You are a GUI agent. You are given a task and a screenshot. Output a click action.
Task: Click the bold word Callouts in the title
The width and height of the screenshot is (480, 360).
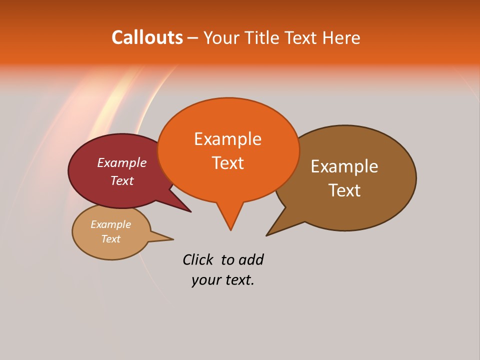point(147,37)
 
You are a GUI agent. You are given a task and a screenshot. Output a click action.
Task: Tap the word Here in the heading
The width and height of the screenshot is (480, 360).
point(341,37)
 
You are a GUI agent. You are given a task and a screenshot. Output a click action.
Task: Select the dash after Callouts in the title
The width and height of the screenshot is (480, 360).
point(193,38)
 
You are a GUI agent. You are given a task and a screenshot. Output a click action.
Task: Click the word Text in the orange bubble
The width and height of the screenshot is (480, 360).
point(227,163)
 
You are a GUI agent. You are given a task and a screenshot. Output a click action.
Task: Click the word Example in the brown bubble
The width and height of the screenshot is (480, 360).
point(344,166)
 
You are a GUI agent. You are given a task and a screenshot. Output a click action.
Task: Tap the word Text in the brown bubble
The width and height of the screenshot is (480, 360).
point(344,190)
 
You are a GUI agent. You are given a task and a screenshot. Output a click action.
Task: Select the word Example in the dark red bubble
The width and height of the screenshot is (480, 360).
point(121,162)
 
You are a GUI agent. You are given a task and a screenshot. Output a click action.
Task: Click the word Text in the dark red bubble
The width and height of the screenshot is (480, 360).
point(121,180)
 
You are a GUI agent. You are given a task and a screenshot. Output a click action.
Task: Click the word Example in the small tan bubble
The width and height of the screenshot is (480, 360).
point(110,224)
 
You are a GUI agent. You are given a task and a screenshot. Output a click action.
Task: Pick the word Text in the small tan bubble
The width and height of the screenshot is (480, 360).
point(110,239)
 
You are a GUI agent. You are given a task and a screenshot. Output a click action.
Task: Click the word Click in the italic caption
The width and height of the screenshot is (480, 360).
point(197,259)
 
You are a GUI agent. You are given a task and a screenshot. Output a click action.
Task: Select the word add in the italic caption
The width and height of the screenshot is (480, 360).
point(250,259)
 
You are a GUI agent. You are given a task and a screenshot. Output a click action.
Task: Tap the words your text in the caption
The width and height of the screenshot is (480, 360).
point(222,280)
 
